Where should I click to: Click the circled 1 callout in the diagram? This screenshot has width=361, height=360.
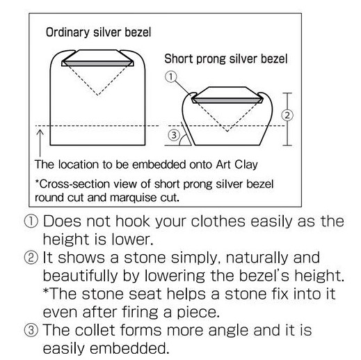pyautogui.click(x=171, y=77)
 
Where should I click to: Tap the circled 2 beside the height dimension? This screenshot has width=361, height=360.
pyautogui.click(x=287, y=115)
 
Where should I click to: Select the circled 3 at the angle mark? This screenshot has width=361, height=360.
pyautogui.click(x=174, y=135)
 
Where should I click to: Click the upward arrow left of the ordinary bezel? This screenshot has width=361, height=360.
pyautogui.click(x=40, y=143)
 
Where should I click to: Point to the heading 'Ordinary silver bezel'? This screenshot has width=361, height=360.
pyautogui.click(x=98, y=32)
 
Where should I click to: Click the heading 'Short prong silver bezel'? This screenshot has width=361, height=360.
pyautogui.click(x=226, y=59)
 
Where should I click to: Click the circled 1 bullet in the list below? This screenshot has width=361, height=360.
pyautogui.click(x=31, y=221)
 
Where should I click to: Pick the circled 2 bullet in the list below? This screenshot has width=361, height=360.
pyautogui.click(x=31, y=258)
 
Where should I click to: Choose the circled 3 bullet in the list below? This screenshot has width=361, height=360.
pyautogui.click(x=31, y=330)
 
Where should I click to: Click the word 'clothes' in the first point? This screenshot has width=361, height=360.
pyautogui.click(x=218, y=221)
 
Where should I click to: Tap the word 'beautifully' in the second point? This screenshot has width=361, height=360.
pyautogui.click(x=81, y=276)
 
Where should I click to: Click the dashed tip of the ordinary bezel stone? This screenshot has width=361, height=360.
pyautogui.click(x=97, y=95)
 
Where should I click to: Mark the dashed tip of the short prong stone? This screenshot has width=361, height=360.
pyautogui.click(x=227, y=132)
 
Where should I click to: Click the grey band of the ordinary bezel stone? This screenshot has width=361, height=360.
pyautogui.click(x=97, y=63)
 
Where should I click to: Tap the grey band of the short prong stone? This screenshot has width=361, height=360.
pyautogui.click(x=227, y=100)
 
